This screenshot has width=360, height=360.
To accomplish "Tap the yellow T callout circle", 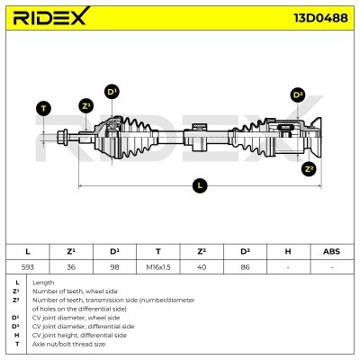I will [42, 109].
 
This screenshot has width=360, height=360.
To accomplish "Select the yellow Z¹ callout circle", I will [85, 105].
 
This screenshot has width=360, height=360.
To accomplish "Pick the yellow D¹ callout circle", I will [112, 91].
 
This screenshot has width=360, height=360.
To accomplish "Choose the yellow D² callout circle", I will [298, 95].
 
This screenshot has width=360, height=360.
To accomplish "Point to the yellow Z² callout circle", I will [309, 168].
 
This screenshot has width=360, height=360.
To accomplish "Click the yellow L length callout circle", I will [200, 185].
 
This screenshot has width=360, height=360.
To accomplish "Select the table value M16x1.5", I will [157, 266].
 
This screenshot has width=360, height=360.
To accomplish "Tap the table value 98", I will [114, 266].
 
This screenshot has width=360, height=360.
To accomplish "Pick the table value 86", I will [245, 266].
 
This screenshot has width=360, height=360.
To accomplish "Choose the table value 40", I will [201, 266].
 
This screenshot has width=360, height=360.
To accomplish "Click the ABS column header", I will [331, 251].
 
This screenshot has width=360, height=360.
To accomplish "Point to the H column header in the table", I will [288, 251].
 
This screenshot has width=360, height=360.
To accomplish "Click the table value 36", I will [71, 266].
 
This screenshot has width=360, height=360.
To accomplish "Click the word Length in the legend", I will [43, 283].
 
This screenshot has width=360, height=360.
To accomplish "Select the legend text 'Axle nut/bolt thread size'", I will [68, 344].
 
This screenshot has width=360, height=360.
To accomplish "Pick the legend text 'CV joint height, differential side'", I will [83, 335].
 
